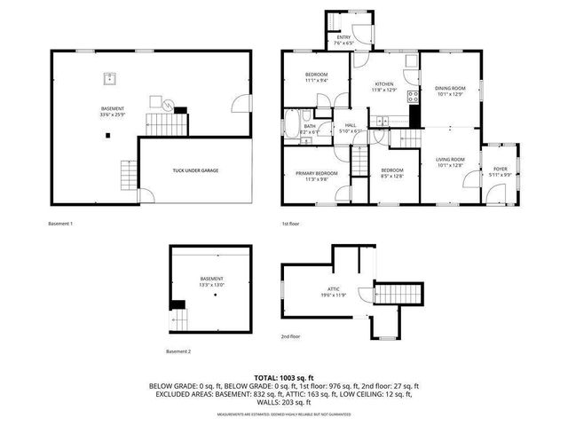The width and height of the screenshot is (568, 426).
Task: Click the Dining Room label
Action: [450, 88]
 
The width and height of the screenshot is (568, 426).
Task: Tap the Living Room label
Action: [450, 160]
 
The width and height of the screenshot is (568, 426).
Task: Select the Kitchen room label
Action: [383, 83]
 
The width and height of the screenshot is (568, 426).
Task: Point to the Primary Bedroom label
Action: [317, 172]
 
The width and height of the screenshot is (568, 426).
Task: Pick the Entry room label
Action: [343, 37]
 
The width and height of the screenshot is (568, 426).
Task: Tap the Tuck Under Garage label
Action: [197, 170]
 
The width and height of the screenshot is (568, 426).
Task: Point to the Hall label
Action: [351, 125]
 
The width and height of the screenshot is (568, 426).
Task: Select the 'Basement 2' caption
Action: [178, 352]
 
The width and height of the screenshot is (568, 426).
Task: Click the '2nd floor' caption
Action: [291, 336]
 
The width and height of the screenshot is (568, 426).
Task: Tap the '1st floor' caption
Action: [289, 224]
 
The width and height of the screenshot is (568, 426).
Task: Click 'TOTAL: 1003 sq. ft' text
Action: [284, 378]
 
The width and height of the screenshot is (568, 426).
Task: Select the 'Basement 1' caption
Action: [59, 224]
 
